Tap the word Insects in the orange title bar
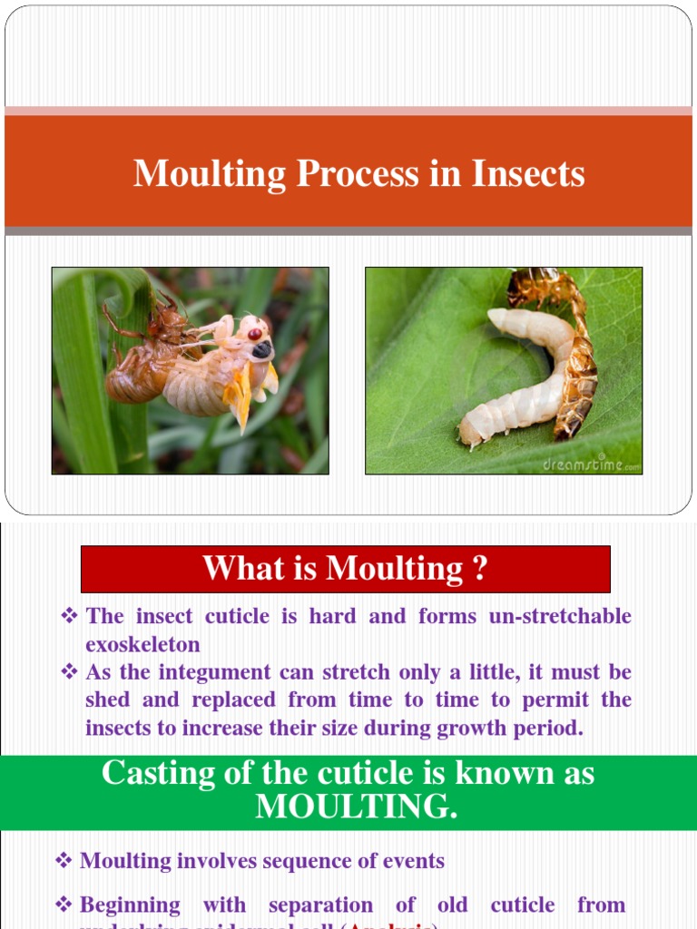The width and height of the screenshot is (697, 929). click(x=528, y=173)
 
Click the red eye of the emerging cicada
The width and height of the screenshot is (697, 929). click(x=255, y=334)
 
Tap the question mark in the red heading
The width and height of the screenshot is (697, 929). click(x=480, y=569)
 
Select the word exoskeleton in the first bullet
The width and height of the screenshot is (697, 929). click(x=143, y=644)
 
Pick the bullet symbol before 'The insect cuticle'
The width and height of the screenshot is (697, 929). click(x=69, y=617)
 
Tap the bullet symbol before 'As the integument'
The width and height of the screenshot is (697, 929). click(x=69, y=672)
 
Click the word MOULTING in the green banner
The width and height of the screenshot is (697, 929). click(x=356, y=807)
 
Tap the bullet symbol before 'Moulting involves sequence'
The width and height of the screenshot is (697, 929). click(x=64, y=861)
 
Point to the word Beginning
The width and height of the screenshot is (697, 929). click(x=130, y=905)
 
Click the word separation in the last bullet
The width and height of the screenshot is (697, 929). click(x=320, y=905)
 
